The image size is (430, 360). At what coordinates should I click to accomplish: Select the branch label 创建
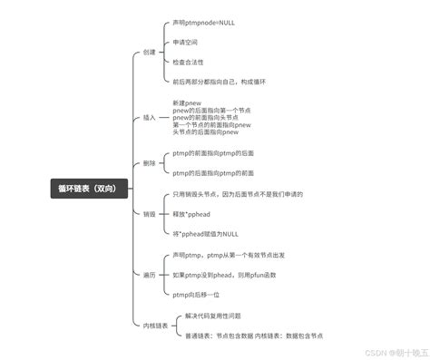click(150, 52)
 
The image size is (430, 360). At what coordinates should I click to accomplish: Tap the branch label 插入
click(150, 118)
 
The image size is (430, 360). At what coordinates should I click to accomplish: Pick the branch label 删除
click(150, 163)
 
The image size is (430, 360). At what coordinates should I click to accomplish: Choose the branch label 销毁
click(150, 214)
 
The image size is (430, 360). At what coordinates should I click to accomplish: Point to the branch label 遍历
click(150, 275)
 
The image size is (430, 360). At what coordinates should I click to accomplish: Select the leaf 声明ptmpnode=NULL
click(202, 22)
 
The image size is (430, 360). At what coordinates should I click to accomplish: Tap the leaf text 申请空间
click(187, 42)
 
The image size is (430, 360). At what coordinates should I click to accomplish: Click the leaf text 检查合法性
click(190, 62)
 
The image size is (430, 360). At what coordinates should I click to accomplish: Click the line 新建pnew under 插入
click(187, 103)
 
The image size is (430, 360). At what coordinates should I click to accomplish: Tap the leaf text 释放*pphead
click(192, 213)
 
